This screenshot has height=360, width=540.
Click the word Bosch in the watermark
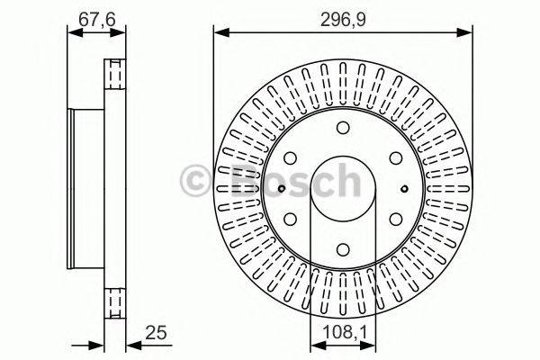(288, 182)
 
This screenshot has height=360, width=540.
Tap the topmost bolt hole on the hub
(343, 126)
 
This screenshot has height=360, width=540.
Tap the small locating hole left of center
(282, 188)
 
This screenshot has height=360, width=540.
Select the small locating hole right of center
(404, 188)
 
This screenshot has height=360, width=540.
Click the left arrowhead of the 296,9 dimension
(218, 32)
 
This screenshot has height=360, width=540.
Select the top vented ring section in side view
(113, 74)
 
